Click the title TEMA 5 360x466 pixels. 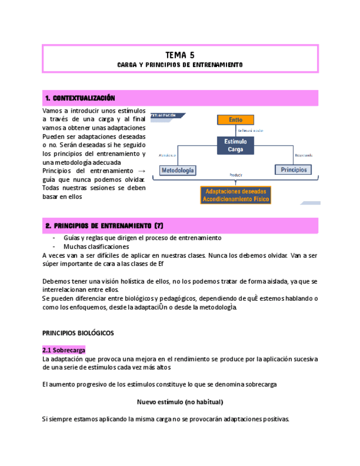point(180,55)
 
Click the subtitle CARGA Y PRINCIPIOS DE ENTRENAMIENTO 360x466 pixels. point(180,65)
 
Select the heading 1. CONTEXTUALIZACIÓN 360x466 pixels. point(80,98)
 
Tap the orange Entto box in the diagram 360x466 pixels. point(236,120)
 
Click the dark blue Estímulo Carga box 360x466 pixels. point(236,145)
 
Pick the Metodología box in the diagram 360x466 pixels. point(178,170)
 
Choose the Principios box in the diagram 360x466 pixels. point(293,170)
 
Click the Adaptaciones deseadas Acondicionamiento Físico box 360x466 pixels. point(236,195)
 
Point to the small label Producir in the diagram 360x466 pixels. point(236,175)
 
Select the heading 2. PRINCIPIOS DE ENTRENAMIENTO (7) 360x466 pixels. point(104,226)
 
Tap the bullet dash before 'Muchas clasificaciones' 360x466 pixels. point(53,247)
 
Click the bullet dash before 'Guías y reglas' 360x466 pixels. point(53,238)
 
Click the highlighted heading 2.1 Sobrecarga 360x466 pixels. point(63,350)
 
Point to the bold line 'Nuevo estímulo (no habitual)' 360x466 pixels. point(180,402)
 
